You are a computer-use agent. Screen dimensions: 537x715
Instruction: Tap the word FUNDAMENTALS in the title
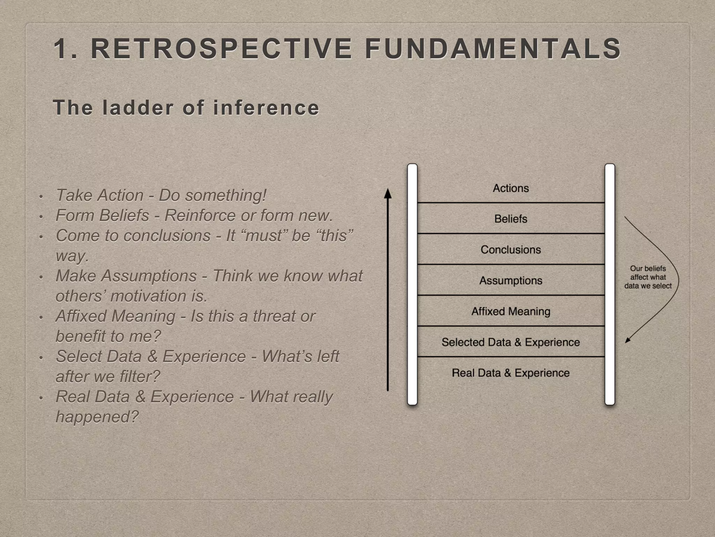point(493,49)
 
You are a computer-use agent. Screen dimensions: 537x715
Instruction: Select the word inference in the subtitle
point(266,107)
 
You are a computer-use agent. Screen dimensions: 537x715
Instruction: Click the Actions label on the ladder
point(511,188)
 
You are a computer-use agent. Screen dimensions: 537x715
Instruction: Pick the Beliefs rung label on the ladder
point(511,219)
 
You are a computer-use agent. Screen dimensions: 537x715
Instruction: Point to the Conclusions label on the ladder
point(511,250)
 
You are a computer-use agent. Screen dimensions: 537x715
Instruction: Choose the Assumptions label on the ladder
point(511,280)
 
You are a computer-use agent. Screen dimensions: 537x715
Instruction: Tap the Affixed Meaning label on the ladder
point(511,311)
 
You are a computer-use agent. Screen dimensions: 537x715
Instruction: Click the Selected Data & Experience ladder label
point(511,342)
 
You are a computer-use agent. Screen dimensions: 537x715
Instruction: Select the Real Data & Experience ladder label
point(511,373)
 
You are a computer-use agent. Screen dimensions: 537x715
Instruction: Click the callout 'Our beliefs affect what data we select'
point(648,277)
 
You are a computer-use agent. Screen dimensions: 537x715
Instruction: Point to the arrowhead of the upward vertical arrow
point(388,193)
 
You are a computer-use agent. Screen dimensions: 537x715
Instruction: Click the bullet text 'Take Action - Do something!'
point(161,195)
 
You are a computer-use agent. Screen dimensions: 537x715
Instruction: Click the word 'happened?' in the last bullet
point(97,417)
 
